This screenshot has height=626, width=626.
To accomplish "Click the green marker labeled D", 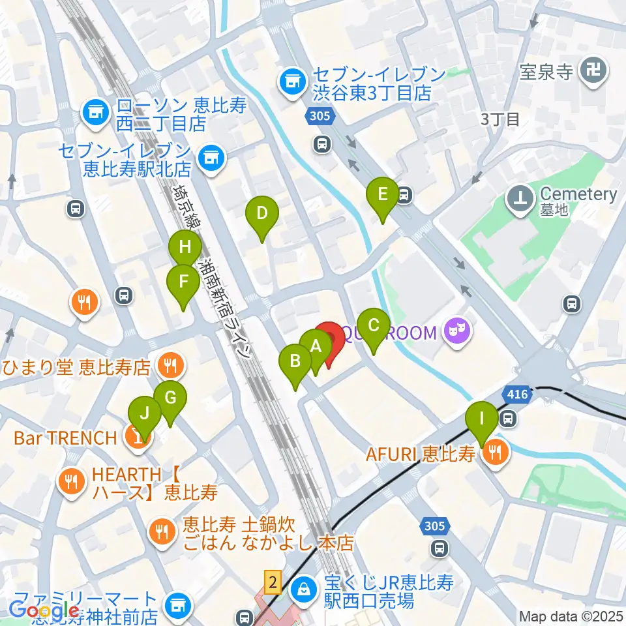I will [261, 213].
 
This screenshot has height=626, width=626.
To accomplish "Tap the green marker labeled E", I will [382, 194].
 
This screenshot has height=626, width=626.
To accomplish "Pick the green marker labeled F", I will [183, 282].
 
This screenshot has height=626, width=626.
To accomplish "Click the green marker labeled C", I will [374, 325].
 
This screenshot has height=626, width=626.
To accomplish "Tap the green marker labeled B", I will [295, 361].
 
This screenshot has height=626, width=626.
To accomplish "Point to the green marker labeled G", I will [170, 398].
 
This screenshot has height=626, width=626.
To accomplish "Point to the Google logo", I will [44, 610].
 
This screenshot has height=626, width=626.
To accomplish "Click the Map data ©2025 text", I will [572, 616].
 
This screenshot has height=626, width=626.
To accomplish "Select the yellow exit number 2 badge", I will [273, 581].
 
